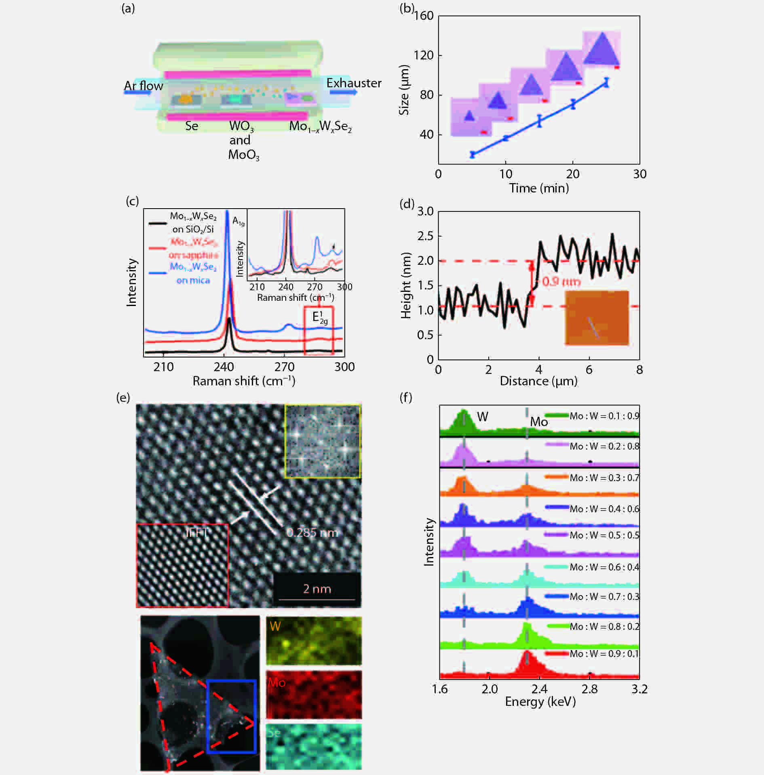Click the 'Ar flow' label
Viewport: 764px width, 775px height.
pyautogui.click(x=143, y=86)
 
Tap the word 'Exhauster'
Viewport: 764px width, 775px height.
pyautogui.click(x=354, y=83)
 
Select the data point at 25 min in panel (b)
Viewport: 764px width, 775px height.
pyautogui.click(x=606, y=82)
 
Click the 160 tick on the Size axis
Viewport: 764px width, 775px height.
pyautogui.click(x=424, y=16)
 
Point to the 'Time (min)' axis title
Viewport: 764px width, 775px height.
pyautogui.click(x=539, y=188)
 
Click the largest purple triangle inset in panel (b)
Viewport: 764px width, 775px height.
pyautogui.click(x=602, y=50)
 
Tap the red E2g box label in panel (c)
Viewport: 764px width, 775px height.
pyautogui.click(x=320, y=318)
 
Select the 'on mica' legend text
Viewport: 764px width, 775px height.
pyautogui.click(x=193, y=281)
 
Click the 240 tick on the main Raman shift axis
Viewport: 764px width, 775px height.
pyautogui.click(x=224, y=367)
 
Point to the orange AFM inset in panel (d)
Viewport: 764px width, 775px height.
pyautogui.click(x=597, y=318)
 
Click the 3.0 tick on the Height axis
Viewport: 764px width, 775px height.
pyautogui.click(x=425, y=211)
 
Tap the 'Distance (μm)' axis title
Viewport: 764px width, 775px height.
pyautogui.click(x=538, y=381)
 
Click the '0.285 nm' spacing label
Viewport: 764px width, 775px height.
pyautogui.click(x=312, y=532)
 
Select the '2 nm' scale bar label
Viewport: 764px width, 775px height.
pyautogui.click(x=317, y=589)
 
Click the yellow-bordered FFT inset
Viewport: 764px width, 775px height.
pyautogui.click(x=322, y=441)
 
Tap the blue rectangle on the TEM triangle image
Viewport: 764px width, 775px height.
pyautogui.click(x=231, y=716)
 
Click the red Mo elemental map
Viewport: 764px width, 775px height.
pyautogui.click(x=314, y=695)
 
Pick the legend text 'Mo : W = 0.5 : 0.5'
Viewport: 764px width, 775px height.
pyautogui.click(x=604, y=535)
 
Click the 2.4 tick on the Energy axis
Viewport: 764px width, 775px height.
pyautogui.click(x=539, y=689)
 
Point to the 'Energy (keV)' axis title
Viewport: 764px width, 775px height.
pyautogui.click(x=540, y=702)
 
